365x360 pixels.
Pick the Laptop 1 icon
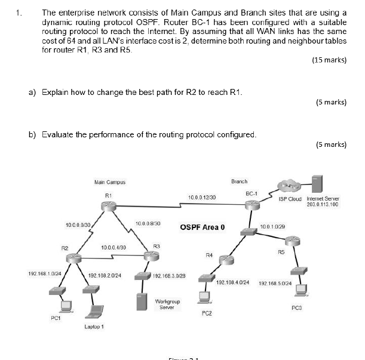point(94,312)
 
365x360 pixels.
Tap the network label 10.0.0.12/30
point(202,196)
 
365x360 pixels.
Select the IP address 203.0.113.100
point(323,204)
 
